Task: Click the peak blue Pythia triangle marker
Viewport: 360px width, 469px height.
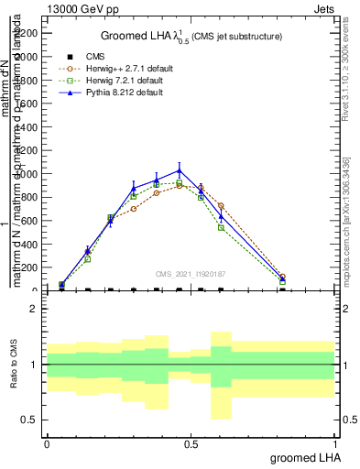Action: (180, 170)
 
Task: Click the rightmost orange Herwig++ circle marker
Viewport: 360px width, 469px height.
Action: (282, 277)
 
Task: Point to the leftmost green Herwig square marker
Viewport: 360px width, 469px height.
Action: (61, 285)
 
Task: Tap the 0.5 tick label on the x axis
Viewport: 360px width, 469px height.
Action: (191, 443)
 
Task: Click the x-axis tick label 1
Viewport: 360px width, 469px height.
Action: (335, 443)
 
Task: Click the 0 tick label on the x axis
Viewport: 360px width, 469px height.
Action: (47, 443)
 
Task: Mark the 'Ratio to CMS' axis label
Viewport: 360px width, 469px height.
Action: (15, 365)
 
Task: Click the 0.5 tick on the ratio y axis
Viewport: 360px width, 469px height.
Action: (31, 420)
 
